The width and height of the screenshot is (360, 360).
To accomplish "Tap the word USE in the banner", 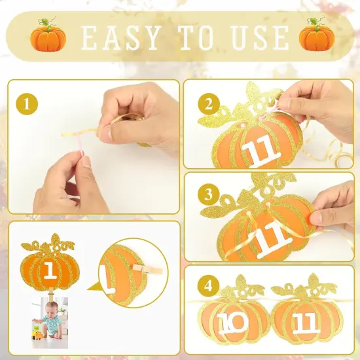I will pos(259,39).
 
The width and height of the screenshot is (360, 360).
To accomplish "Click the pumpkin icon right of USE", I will pos(312,38).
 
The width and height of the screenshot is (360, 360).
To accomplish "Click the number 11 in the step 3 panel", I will pos(269,239).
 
